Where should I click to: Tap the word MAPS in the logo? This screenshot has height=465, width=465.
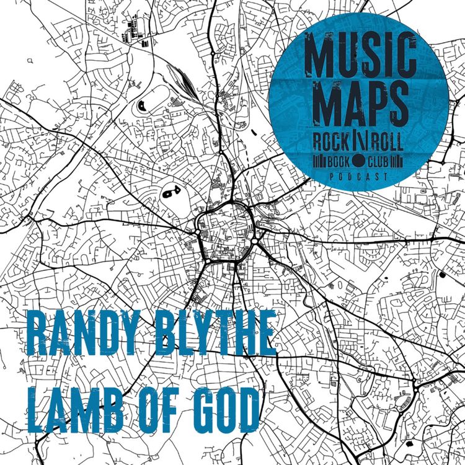tap(360, 105)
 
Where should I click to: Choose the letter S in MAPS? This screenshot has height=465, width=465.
tap(396, 105)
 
